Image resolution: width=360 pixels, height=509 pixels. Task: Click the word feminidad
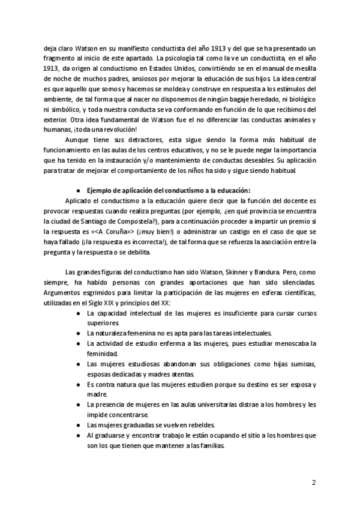(x=102, y=354)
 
